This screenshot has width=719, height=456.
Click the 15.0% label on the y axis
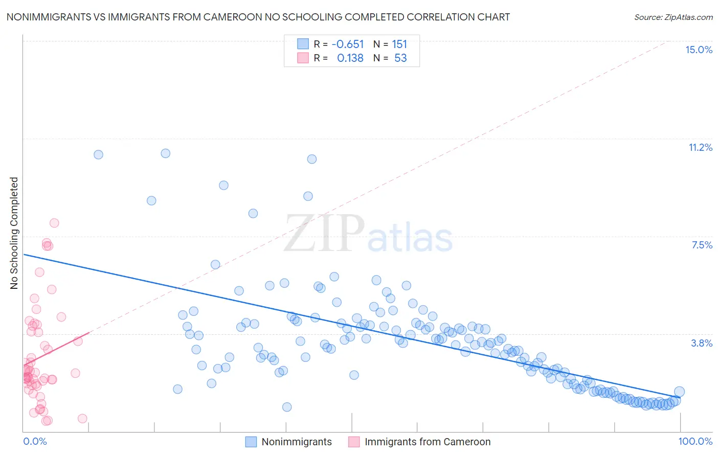[699, 50]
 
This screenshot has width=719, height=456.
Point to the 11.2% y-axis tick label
[700, 147]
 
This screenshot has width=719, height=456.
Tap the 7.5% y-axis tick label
[702, 245]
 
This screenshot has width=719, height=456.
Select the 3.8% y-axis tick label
[702, 343]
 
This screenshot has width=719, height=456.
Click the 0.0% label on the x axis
[35, 441]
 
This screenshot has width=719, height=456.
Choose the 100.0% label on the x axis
[695, 441]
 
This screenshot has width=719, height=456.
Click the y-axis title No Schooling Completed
[14, 233]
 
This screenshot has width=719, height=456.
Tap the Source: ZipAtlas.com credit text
[673, 17]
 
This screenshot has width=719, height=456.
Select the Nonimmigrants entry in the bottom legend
[296, 442]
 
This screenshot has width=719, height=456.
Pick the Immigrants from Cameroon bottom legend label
[427, 442]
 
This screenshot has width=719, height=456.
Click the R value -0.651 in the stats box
[347, 44]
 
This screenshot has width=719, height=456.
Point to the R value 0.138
[350, 58]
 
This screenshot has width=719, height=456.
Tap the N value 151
[399, 44]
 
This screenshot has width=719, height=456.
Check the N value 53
[400, 58]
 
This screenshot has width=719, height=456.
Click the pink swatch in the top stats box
[303, 58]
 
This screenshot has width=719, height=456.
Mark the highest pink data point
[54, 223]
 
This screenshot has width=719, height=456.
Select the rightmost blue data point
[679, 392]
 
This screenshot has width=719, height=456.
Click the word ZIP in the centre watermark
[324, 234]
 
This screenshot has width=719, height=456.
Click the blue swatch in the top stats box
[303, 44]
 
